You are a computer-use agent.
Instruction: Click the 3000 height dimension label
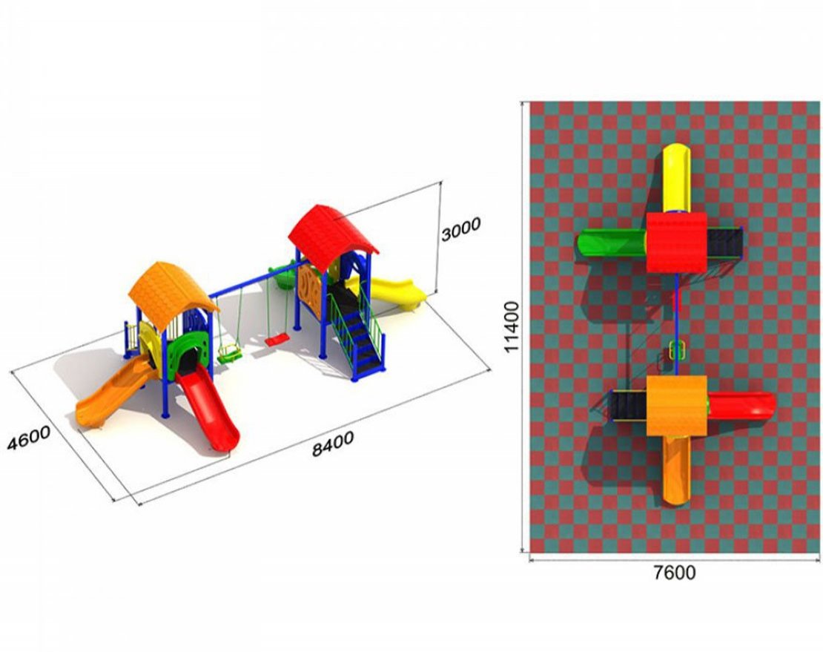pyautogui.click(x=460, y=229)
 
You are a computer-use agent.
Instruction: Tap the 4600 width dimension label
pyautogui.click(x=29, y=438)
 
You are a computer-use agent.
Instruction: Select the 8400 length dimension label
pyautogui.click(x=333, y=444)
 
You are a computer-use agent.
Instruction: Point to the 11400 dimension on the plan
pyautogui.click(x=511, y=326)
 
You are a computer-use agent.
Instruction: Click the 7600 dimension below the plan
pyautogui.click(x=675, y=572)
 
